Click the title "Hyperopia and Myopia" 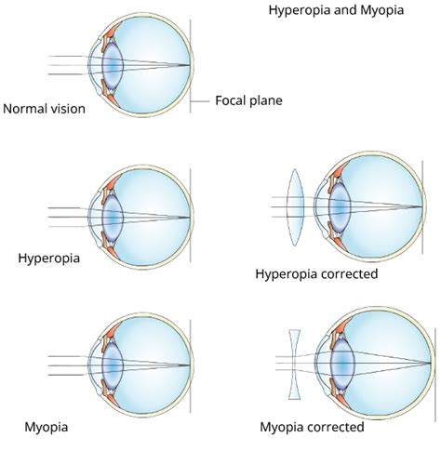pos(336,10)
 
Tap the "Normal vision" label pos(44,109)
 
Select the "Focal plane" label pos(248,100)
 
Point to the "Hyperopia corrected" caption pos(316,274)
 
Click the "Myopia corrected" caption pos(312,427)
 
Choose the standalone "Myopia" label pos(47,428)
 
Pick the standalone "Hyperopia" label pos(49,259)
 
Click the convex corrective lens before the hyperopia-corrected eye pos(295,207)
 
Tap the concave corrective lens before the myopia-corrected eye pos(294,365)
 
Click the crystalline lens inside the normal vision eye pos(113,65)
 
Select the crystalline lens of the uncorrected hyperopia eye pos(113,218)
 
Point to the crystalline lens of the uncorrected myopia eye pos(113,365)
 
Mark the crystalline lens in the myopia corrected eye pos(342,364)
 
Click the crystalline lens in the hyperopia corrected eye pos(340,207)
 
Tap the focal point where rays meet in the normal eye pos(189,65)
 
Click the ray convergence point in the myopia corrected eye pos(431,363)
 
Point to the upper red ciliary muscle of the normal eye pos(112,32)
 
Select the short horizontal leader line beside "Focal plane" pos(200,101)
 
